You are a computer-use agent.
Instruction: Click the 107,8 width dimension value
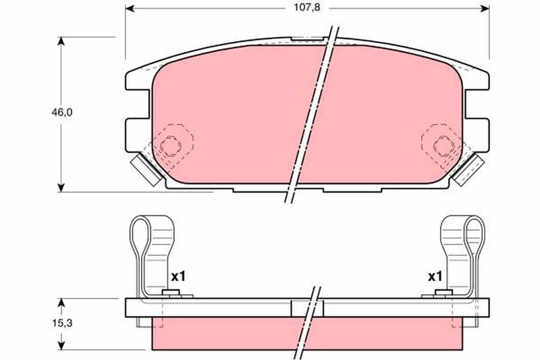pos(306,7)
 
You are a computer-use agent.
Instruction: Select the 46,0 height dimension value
pos(62,112)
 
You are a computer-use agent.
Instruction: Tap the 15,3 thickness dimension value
pos(62,324)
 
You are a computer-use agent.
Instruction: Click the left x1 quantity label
pos(178,276)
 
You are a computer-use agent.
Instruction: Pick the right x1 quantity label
pos(435,276)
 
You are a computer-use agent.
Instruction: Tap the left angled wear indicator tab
pos(146,169)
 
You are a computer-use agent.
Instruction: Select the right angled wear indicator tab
pos(468,169)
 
